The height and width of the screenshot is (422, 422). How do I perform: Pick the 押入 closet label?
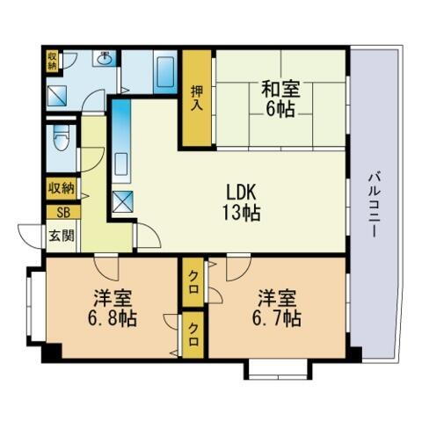(198, 98)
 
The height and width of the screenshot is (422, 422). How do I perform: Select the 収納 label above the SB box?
(62, 188)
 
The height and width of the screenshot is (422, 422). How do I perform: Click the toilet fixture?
(60, 141)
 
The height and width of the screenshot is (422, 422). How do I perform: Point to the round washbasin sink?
(104, 61)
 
